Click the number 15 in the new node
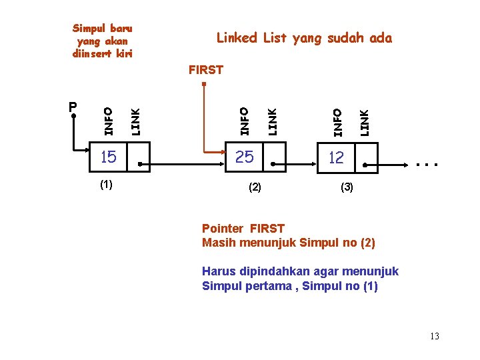pyautogui.click(x=108, y=157)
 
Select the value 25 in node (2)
pyautogui.click(x=245, y=157)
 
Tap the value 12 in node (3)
pyautogui.click(x=336, y=157)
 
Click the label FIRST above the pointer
pyautogui.click(x=206, y=69)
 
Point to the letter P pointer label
pyautogui.click(x=73, y=107)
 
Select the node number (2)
pyautogui.click(x=254, y=188)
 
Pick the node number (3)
pyautogui.click(x=347, y=188)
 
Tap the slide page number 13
pyautogui.click(x=435, y=336)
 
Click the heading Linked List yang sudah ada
pyautogui.click(x=304, y=38)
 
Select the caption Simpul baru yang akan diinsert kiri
pyautogui.click(x=102, y=41)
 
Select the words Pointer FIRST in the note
pyautogui.click(x=243, y=229)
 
